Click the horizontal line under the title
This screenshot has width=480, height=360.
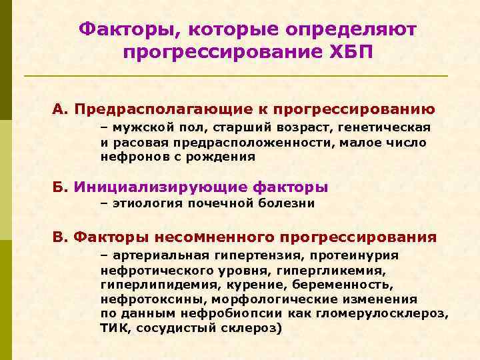click(x=236, y=76)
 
